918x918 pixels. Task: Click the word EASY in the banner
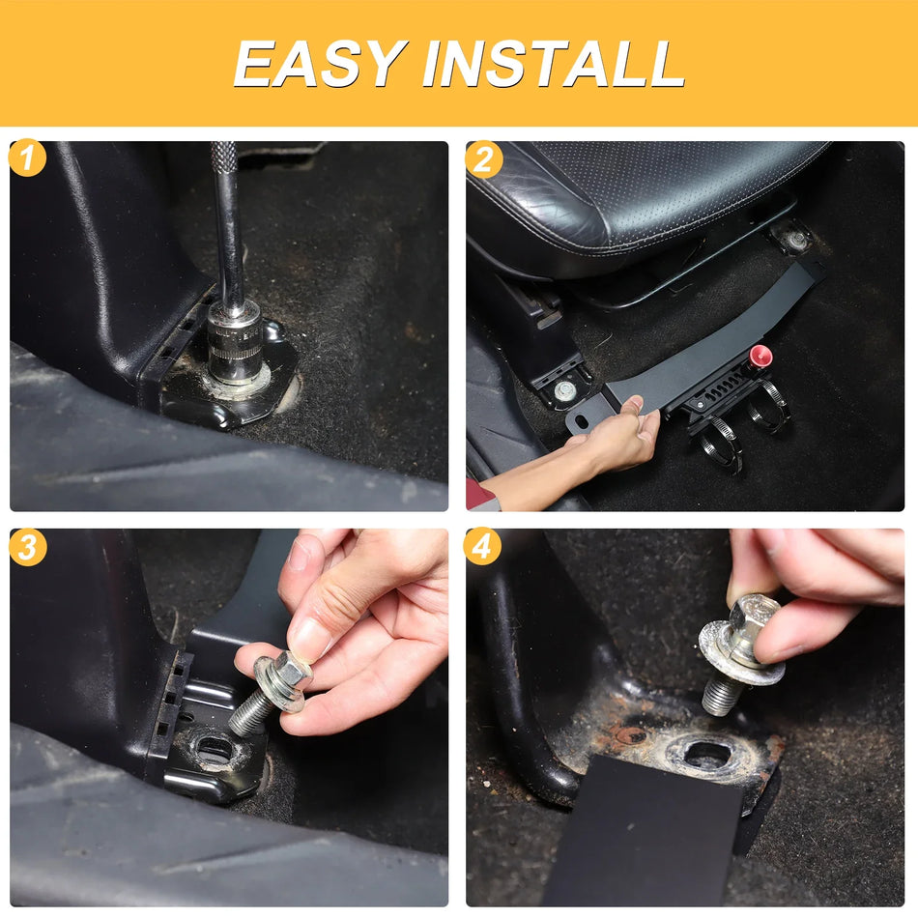coord(319,64)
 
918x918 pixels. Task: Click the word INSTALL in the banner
coord(553,64)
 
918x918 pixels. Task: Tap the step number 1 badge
coord(27,159)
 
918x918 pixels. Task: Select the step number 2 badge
coord(483,159)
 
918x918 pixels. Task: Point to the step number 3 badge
coord(27,547)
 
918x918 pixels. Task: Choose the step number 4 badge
coord(483,547)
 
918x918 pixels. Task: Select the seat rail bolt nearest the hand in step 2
coord(563,390)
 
